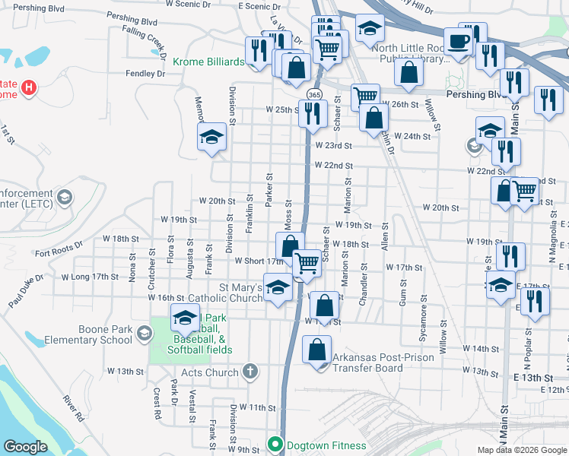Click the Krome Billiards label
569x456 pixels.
[x=208, y=62]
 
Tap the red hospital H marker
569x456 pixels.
[x=29, y=87]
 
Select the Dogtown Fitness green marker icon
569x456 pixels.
[x=275, y=445]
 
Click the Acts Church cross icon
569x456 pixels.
[x=251, y=372]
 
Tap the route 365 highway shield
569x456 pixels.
[x=313, y=93]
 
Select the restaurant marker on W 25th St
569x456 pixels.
[x=312, y=113]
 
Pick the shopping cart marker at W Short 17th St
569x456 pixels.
[x=307, y=263]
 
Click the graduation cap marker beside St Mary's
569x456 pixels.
[x=278, y=290]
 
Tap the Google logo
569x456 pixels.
[x=25, y=447]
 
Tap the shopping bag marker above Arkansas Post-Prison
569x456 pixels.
[x=324, y=306]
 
